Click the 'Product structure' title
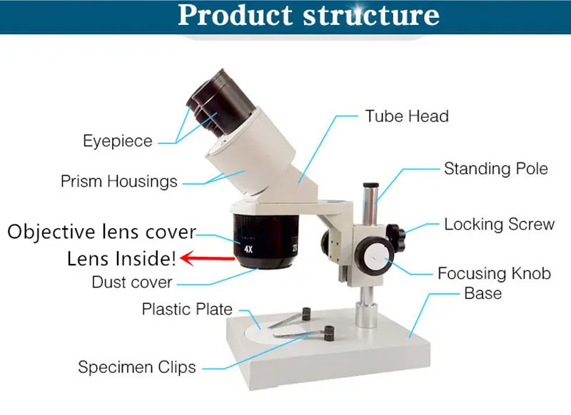308,16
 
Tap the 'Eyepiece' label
118,141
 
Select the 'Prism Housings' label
119,181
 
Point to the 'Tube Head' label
407,116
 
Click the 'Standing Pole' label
496,169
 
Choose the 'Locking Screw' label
499,225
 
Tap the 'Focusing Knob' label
494,273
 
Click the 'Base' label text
482,293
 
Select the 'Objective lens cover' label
101,232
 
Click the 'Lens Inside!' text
122,258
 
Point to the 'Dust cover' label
132,282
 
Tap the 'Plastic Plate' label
187,309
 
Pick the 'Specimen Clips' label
137,368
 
